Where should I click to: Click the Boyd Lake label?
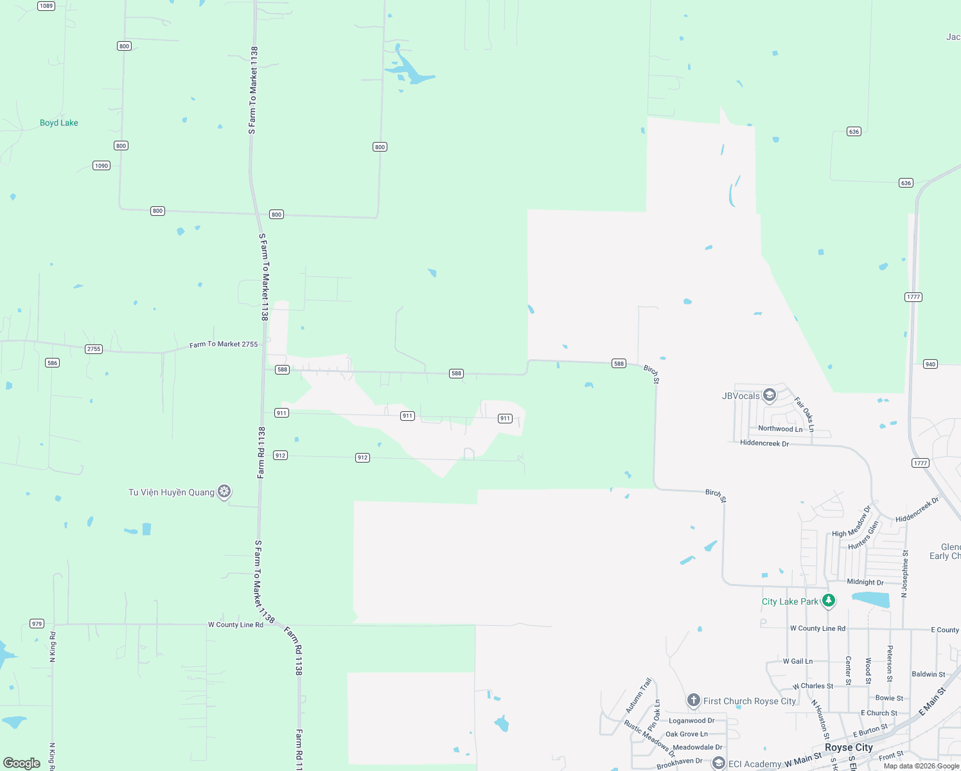coord(59,123)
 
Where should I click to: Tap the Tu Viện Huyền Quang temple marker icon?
coord(224,492)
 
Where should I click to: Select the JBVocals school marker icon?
coord(770,395)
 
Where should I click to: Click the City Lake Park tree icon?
coord(829,601)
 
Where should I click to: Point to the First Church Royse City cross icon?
coord(693,700)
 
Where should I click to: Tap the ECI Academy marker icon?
coord(718,763)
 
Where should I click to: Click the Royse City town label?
coord(849,747)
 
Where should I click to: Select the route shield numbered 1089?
coord(46,6)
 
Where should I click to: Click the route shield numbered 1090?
coord(101,166)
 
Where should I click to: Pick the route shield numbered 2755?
coord(94,349)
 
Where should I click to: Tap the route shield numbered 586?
coord(53,363)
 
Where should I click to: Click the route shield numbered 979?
coord(37,624)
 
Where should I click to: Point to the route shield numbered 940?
coord(930,364)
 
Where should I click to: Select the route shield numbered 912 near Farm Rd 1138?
coord(280,456)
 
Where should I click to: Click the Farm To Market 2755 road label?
coord(224,344)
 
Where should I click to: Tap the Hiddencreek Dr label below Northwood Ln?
coord(764,443)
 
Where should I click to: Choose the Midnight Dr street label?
coord(865,582)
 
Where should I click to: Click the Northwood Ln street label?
coord(780,429)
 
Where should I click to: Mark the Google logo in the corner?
coord(22,763)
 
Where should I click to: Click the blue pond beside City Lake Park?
coord(871,600)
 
